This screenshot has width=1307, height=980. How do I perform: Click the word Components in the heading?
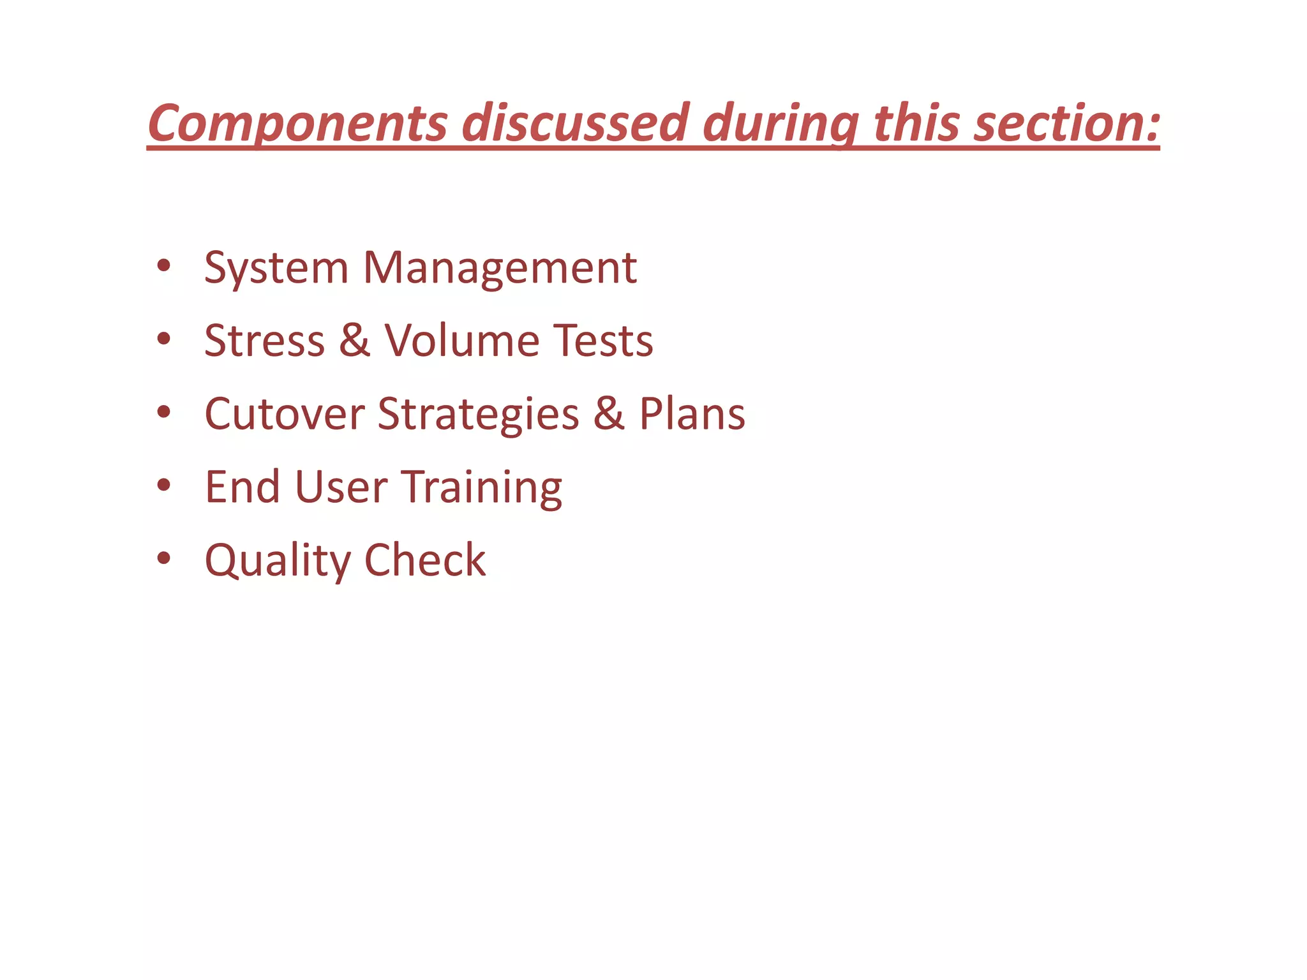[297, 122]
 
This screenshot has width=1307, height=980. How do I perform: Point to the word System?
[276, 268]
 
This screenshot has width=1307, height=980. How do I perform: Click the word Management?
[500, 268]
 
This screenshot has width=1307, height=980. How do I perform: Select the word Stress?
[264, 340]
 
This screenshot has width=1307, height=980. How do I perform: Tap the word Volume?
[461, 340]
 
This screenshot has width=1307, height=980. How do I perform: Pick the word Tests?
[602, 340]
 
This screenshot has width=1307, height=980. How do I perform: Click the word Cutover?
[285, 413]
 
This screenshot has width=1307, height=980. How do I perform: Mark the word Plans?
[692, 413]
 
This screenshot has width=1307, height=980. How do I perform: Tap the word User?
[341, 487]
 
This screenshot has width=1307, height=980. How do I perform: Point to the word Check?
[425, 560]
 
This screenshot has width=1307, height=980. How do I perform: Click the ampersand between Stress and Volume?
[355, 340]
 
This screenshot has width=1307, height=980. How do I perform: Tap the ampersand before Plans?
[609, 413]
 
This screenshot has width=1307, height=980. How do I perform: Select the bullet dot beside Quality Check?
[164, 558]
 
